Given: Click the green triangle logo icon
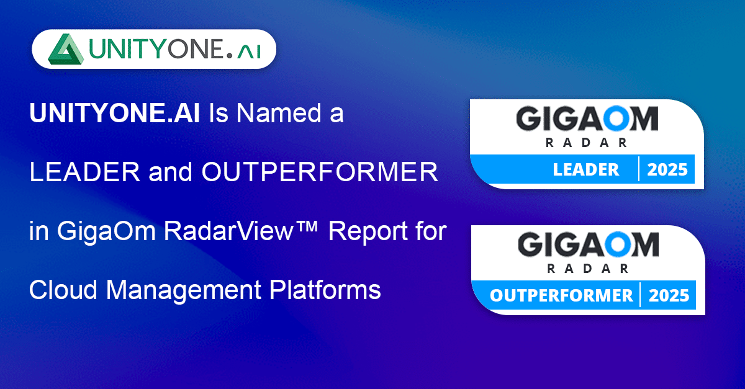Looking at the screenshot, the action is click(66, 49).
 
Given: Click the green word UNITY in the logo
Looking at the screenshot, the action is click(128, 49).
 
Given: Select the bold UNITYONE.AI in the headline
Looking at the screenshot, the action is click(115, 113).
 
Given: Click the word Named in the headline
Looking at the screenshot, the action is click(279, 113).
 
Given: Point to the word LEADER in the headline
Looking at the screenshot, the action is click(85, 172).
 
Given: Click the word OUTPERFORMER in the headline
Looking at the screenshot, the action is click(320, 172).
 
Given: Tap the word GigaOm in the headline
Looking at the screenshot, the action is click(106, 231).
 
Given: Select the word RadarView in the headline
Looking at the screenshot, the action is click(229, 230).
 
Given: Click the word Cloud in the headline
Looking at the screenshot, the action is click(63, 290).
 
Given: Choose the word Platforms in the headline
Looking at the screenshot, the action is click(325, 290).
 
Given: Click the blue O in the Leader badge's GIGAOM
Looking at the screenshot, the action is click(616, 118).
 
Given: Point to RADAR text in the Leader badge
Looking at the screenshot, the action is click(586, 143).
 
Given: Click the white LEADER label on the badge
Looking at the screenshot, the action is click(586, 169).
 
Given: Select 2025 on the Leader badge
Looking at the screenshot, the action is click(667, 169).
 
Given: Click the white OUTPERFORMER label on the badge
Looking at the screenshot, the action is click(561, 295).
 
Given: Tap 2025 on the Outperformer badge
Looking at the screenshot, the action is click(669, 295).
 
